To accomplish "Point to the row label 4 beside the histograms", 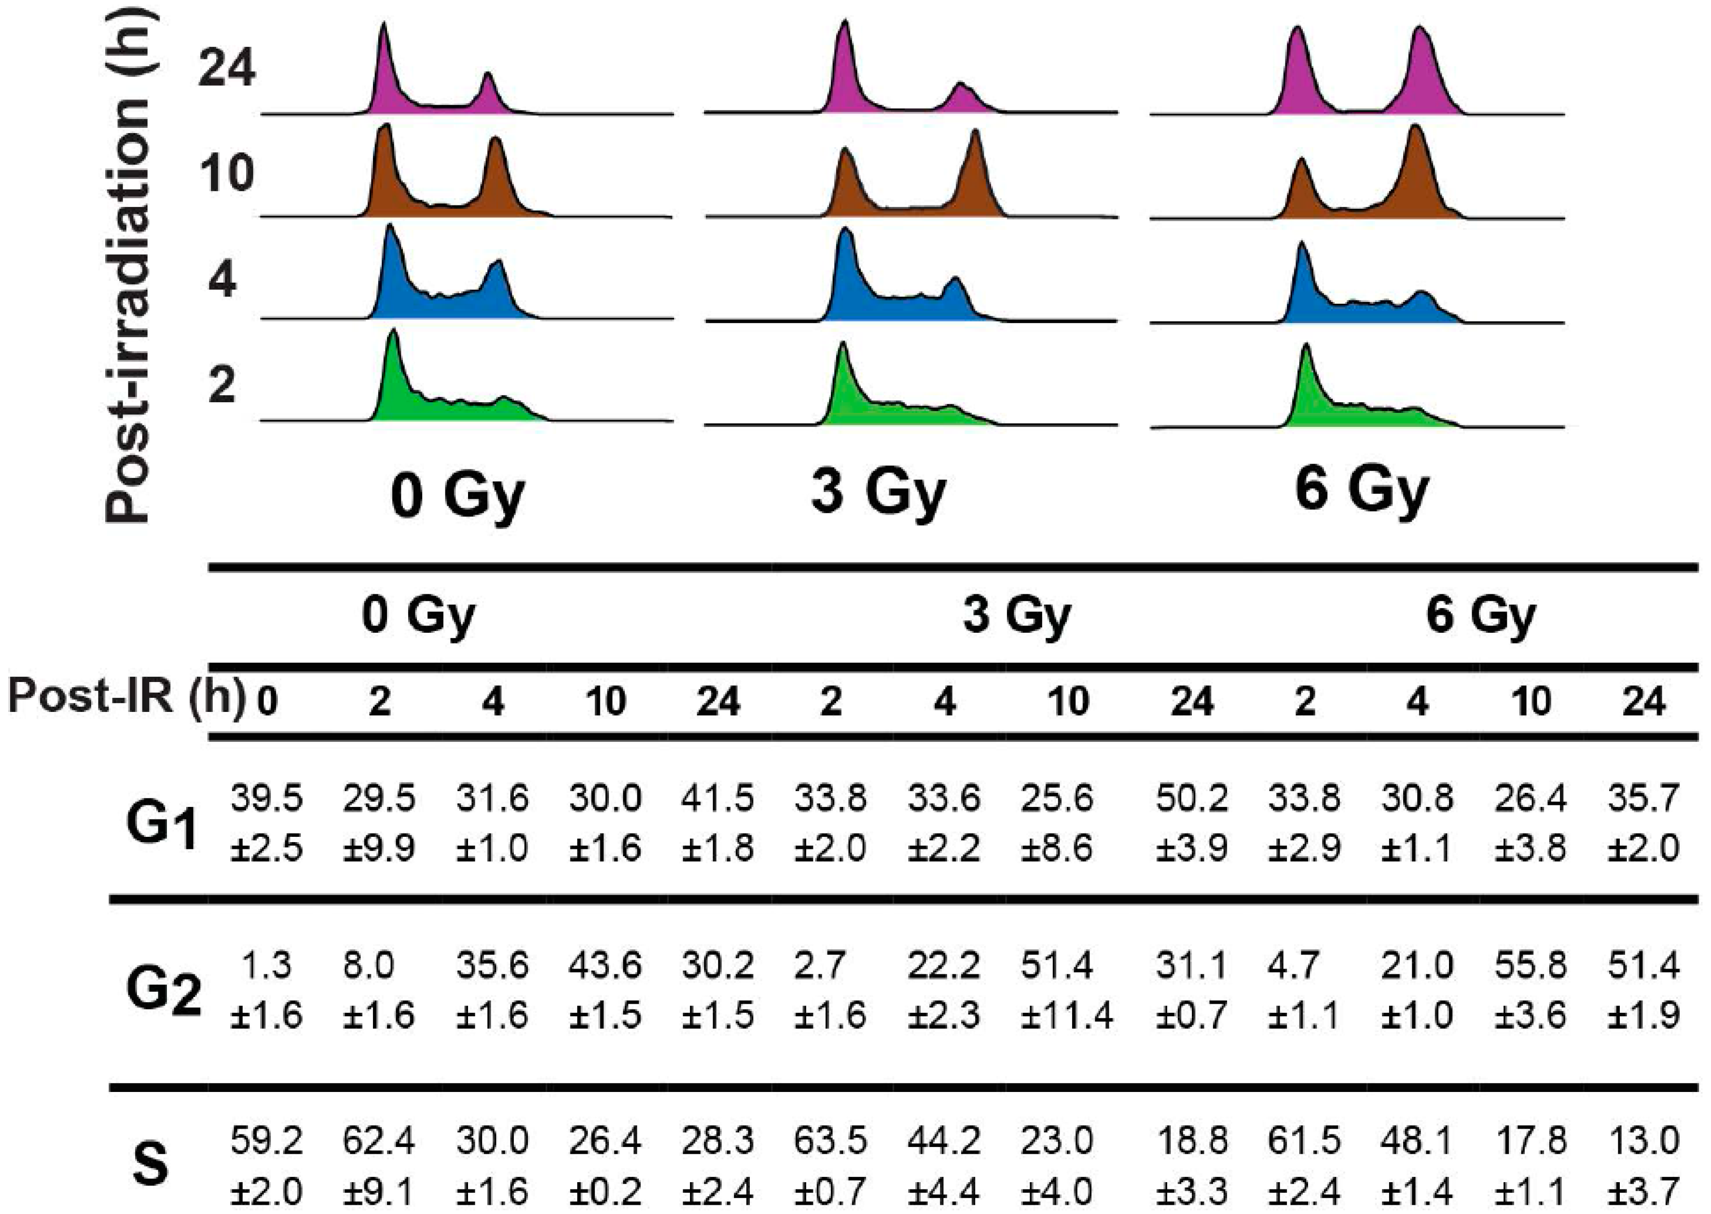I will tap(222, 280).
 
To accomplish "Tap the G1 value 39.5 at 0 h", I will tap(266, 798).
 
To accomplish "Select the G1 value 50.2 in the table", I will tap(1191, 798).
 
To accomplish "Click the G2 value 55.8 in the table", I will tap(1530, 966).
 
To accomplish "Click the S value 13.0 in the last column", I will tap(1644, 1141).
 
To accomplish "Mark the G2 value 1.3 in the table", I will tap(266, 966).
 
